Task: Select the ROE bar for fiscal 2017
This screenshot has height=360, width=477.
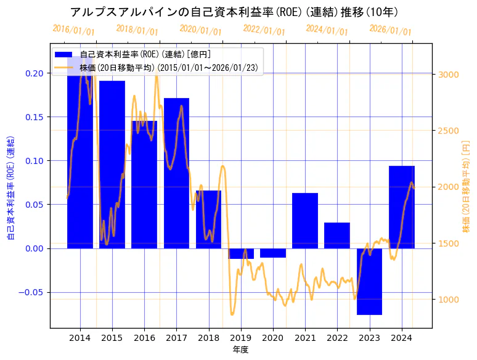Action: tap(176, 173)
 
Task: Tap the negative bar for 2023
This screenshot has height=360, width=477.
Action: tap(369, 281)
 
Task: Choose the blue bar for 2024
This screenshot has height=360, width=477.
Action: tap(402, 207)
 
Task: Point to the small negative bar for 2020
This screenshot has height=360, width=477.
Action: tap(273, 253)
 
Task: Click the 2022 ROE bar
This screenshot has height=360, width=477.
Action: tap(337, 235)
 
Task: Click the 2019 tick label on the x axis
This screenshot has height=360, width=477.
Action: tap(241, 338)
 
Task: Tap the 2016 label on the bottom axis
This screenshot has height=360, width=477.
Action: tap(144, 338)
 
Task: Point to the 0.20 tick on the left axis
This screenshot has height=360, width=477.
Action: tap(35, 73)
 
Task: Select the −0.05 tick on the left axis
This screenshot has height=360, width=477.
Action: tap(32, 293)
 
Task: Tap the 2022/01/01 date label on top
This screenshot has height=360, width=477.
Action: tap(264, 30)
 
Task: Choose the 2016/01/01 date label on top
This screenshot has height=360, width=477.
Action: tap(73, 30)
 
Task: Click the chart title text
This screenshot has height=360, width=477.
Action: tap(234, 12)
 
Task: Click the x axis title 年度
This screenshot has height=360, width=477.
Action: tap(240, 350)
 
